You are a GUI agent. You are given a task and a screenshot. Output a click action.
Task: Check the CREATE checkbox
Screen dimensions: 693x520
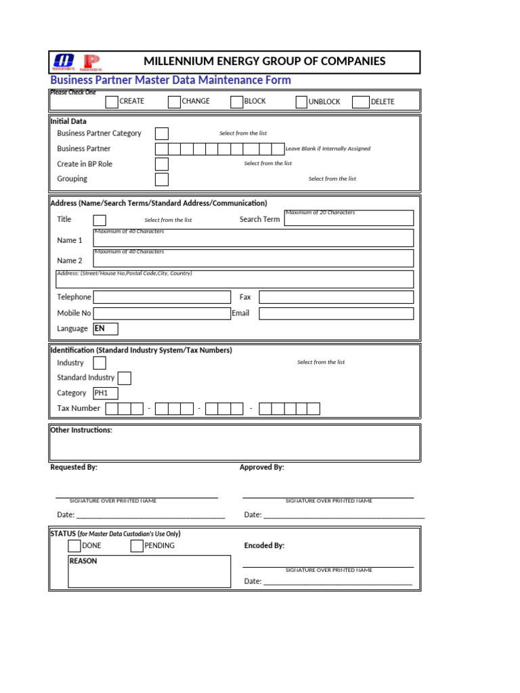[112, 102]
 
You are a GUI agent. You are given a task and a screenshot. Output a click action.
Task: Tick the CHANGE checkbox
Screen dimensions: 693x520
[174, 102]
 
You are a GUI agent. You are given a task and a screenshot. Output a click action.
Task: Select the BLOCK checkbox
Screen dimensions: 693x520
[236, 102]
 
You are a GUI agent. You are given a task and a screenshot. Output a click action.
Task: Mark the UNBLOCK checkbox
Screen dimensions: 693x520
[301, 102]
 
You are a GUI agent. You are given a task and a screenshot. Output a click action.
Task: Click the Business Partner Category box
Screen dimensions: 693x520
[162, 134]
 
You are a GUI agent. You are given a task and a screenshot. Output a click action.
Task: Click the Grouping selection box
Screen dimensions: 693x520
[162, 179]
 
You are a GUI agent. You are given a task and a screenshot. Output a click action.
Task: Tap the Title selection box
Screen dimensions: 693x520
[100, 220]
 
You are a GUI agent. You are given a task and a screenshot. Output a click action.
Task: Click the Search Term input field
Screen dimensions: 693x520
[349, 218]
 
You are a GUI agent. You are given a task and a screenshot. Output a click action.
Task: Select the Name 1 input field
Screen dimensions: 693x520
[253, 238]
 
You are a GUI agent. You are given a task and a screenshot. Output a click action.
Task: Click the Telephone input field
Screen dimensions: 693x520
[162, 297]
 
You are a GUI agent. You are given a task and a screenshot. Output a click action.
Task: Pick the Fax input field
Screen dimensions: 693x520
[336, 297]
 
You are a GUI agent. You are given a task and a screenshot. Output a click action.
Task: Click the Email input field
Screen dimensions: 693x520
[336, 313]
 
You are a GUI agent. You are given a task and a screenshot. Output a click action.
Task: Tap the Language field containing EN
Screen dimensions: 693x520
[106, 329]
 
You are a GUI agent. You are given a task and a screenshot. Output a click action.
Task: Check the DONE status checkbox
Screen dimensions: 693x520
[74, 546]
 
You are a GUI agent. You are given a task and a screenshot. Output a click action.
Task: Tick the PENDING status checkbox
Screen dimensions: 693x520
[137, 546]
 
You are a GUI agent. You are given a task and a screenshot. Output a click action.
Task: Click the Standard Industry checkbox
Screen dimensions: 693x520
[125, 378]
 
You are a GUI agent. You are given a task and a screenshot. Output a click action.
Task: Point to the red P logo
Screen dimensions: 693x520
[91, 63]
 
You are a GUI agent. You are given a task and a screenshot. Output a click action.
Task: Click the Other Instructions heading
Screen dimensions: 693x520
[81, 430]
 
